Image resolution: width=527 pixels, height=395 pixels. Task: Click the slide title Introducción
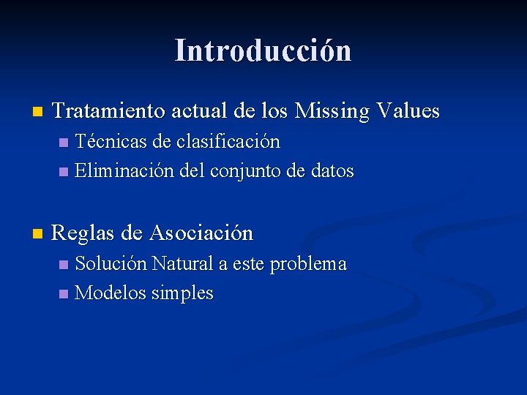(263, 50)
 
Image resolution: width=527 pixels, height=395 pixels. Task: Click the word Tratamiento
(110, 111)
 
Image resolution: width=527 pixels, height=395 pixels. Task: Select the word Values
(408, 111)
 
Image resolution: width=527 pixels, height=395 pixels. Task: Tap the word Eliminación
(124, 171)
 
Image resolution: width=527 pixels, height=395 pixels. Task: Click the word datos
(332, 171)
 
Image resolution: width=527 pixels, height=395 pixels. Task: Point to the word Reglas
(84, 233)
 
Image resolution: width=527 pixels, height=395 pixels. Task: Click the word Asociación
(201, 233)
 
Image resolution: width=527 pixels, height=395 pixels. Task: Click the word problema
(308, 264)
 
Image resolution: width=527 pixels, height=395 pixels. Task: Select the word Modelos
(110, 293)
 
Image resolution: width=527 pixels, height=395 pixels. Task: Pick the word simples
(182, 294)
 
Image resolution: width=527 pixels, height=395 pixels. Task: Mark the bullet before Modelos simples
(64, 294)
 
